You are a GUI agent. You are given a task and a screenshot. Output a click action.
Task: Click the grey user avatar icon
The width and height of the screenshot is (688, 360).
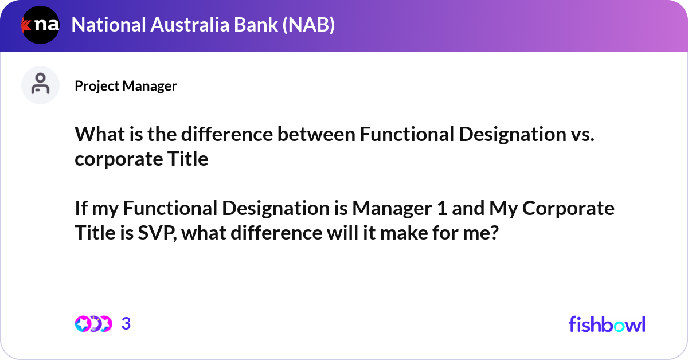[x=40, y=85]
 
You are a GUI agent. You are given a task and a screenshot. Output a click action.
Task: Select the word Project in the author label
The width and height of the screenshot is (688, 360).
[x=95, y=86]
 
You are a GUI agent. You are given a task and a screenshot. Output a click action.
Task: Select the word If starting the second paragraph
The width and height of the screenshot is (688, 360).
[x=81, y=208]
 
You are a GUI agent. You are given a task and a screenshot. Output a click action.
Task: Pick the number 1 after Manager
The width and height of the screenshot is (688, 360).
[x=441, y=208]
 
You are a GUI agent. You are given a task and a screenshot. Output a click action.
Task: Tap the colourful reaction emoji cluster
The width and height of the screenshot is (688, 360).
[x=93, y=324]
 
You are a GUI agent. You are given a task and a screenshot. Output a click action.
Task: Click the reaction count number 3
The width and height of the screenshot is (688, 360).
[x=126, y=324]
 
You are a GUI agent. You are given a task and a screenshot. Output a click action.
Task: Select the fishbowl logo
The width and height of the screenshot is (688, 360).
[x=607, y=324]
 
